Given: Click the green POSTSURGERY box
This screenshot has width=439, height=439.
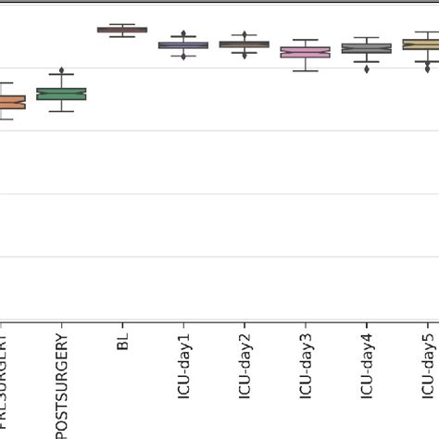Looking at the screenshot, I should pos(61,94).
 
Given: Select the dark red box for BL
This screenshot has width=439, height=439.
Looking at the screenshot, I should pos(122,30).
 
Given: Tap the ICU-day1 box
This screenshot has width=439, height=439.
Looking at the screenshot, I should pos(183,44).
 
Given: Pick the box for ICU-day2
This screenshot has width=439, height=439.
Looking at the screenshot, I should pos(245,44).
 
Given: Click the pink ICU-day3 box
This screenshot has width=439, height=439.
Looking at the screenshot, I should pos(306,53).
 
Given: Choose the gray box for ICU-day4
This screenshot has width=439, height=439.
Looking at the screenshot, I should pos(367,48).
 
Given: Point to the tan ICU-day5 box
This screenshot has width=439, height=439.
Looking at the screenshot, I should pos(422,44).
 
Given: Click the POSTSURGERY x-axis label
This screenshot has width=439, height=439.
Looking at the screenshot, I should pos(61,384).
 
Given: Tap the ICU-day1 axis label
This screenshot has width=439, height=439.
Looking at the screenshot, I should pos(183,362).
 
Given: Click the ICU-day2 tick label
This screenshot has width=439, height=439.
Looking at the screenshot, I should pos(245,362).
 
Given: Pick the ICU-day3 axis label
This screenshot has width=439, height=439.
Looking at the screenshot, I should pos(306,362).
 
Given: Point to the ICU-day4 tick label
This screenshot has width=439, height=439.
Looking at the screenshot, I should pos(367,362).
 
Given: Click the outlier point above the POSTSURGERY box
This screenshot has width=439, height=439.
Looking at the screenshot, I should pos(61,71).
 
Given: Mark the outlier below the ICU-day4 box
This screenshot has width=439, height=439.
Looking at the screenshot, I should pos(367,68).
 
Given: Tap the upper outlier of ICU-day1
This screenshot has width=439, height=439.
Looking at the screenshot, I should pos(183,34).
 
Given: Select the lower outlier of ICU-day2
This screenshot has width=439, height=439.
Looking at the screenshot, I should pos(245,55).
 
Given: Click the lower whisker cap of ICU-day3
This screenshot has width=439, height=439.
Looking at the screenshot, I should pos(306,70).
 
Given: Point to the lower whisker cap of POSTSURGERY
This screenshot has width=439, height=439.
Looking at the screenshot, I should pos(61,111).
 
